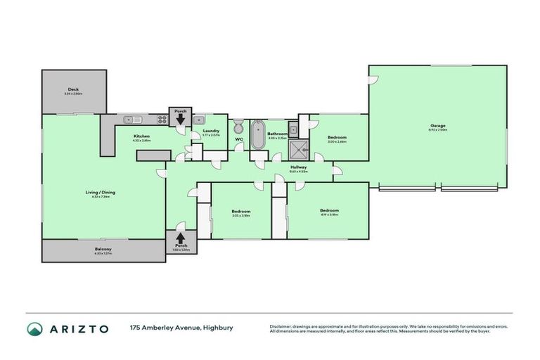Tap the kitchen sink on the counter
tap(131, 120)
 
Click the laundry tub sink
tap(199, 120)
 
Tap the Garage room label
tap(437, 127)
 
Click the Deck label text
tap(73, 89)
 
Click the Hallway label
tap(299, 167)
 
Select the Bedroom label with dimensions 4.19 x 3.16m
tap(329, 210)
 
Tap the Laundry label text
tap(210, 130)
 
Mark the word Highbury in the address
tap(218, 328)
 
